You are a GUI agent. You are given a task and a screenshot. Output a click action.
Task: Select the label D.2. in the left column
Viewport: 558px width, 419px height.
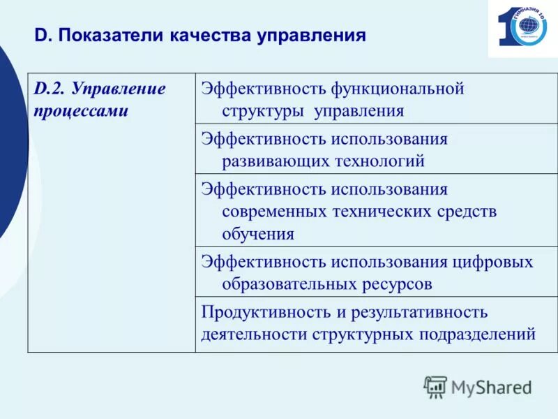tap(50, 89)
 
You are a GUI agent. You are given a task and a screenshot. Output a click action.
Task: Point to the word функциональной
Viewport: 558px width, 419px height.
tap(398, 89)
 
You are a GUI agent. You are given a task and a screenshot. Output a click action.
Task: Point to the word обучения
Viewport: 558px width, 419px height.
tap(258, 234)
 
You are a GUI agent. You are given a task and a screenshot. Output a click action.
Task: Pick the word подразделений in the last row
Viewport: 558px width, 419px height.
tap(477, 335)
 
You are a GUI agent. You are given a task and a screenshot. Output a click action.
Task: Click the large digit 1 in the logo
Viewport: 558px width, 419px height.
tap(504, 28)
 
